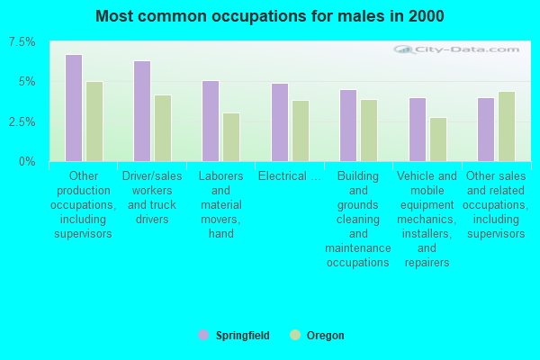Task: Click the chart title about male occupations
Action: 269,16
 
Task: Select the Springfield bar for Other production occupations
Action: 74,108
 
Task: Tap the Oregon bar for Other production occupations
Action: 94,121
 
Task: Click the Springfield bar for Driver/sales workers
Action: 142,111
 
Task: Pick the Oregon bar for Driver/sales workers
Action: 163,128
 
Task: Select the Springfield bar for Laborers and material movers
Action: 211,121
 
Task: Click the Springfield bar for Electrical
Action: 280,122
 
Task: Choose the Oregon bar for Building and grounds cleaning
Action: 369,130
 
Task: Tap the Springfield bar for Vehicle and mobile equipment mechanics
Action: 418,130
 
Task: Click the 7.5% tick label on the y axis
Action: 22,42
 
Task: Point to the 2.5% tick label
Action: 22,121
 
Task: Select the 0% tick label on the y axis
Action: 28,161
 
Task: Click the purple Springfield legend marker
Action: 203,335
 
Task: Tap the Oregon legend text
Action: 325,336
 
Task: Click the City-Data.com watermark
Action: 463,50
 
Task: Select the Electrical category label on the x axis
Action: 289,175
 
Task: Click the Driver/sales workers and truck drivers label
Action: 152,197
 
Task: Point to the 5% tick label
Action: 27,82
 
